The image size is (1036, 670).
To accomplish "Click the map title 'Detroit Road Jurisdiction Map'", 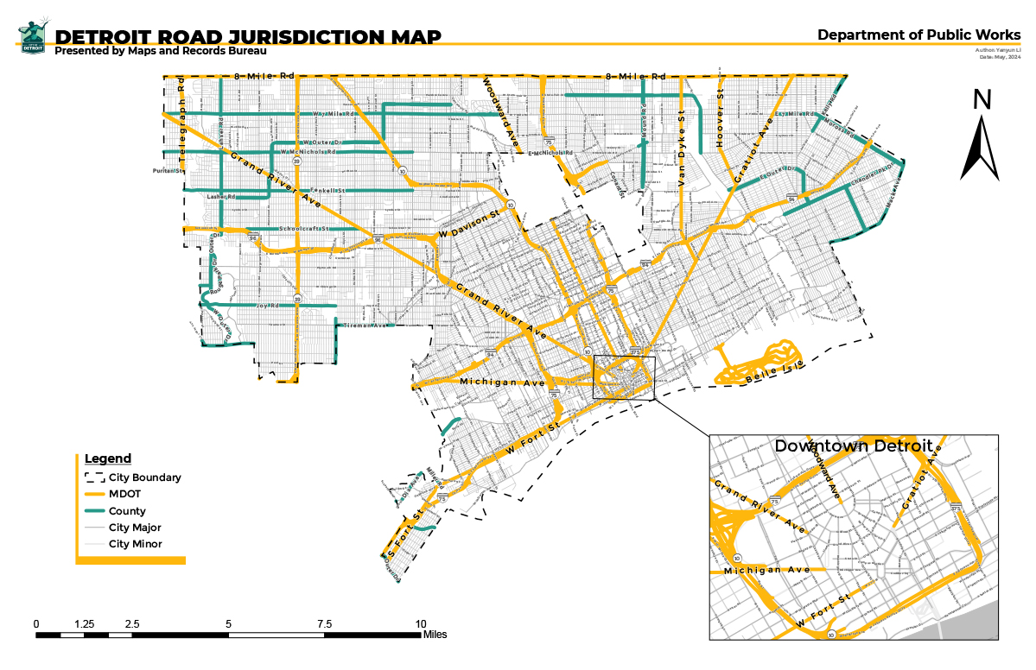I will coord(248,36).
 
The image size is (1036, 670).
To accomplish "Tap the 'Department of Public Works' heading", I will coord(918,35).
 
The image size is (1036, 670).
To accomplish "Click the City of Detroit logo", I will coord(33,36).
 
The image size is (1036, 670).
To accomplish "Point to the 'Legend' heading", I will coord(108,458).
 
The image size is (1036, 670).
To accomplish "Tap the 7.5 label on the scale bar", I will coord(325,624).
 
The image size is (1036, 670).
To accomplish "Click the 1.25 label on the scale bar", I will coord(84,624).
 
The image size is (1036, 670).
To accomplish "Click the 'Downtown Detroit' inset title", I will coord(853,446).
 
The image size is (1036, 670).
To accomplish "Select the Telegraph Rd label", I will coord(182,121).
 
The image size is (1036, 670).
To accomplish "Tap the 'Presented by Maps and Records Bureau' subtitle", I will coord(160,51).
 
